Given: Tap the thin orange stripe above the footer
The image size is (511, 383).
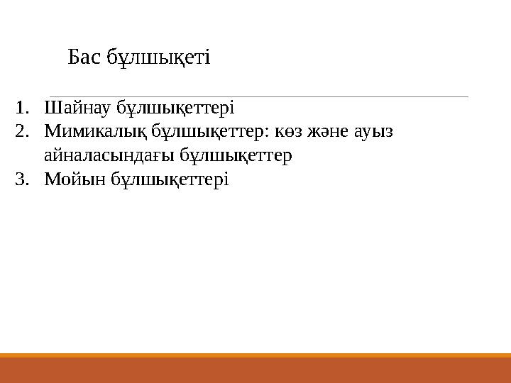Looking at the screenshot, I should [x=255, y=355].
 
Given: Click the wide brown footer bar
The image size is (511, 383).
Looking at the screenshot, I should [x=255, y=370].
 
